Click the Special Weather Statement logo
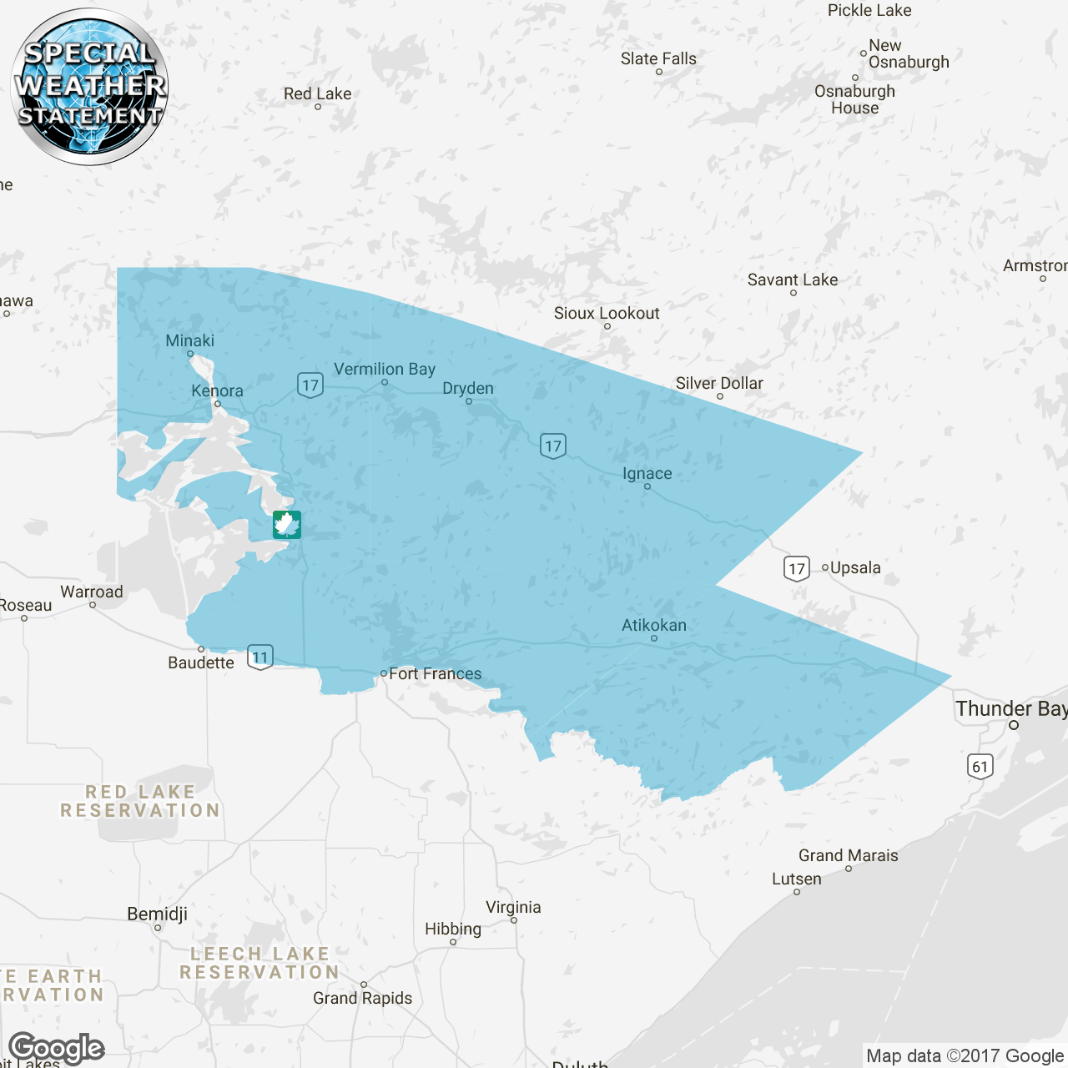coord(90,87)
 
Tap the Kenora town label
coord(217,390)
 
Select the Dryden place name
coord(468,388)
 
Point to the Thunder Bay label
coord(1010,709)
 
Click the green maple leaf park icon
coord(287,525)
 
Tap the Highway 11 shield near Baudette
coord(260,657)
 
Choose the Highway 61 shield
coord(980,766)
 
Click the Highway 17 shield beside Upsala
coord(797,569)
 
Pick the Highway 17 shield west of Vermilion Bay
coord(310,385)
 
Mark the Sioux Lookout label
coord(607,313)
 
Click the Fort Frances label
coord(435,673)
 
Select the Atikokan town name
coord(654,625)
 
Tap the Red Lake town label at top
coord(317,93)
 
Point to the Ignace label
coord(647,473)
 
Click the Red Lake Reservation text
coord(140,801)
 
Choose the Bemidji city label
coord(157,914)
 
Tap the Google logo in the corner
coord(56,1049)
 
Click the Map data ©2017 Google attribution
coord(965,1055)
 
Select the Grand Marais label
coord(848,855)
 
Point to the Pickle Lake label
coord(869,10)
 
